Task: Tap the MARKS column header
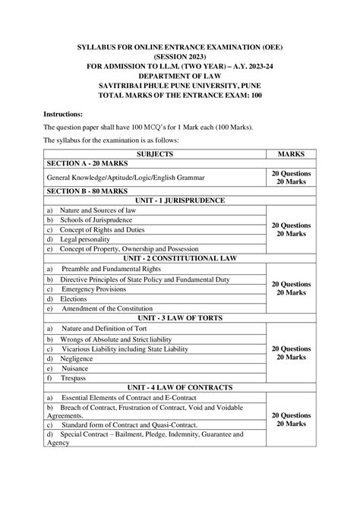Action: pos(292,153)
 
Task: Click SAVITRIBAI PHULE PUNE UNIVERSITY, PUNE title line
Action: pos(180,65)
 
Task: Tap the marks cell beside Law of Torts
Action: pos(292,352)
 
